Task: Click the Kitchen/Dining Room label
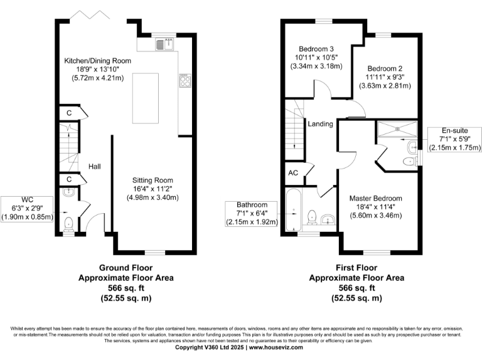pos(97,61)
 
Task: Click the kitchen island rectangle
pos(144,98)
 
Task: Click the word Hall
pos(95,167)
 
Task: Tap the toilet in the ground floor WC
pos(68,223)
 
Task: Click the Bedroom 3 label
pos(315,50)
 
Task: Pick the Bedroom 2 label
pos(385,68)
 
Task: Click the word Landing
pos(319,124)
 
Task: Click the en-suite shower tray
pos(397,130)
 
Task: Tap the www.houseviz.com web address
pos(277,347)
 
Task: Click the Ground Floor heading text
pos(126,266)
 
